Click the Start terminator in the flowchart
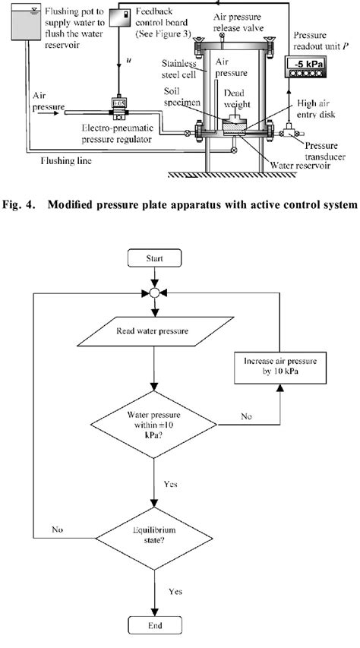click(x=155, y=259)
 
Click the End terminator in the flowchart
click(x=155, y=626)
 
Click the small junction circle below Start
click(x=155, y=292)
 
